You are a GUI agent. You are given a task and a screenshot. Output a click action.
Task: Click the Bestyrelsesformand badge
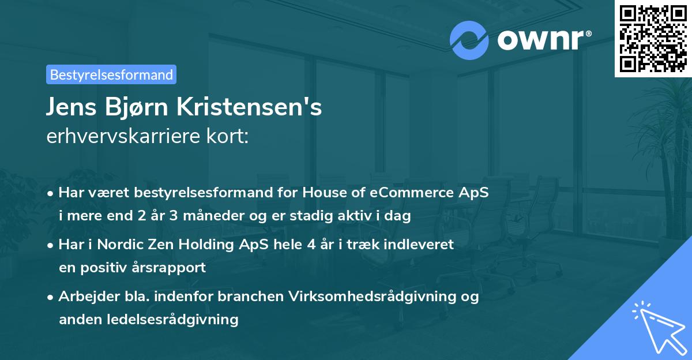[111, 74]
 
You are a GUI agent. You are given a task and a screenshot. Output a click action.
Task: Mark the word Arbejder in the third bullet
[84, 297]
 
